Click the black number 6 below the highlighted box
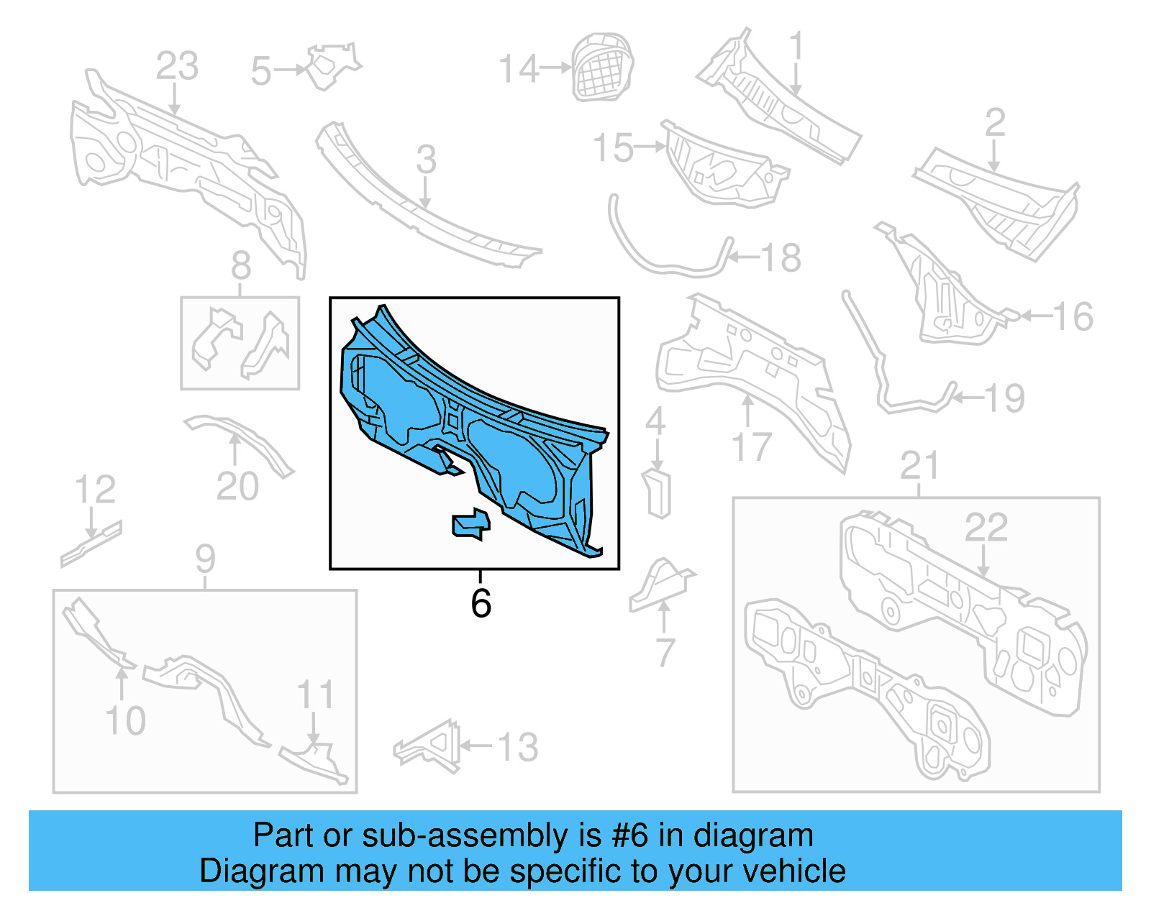pos(481,603)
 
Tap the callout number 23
pos(177,67)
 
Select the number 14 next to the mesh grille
pos(519,69)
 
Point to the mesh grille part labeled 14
pos(602,66)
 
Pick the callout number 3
pos(426,159)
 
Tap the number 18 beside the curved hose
pos(781,257)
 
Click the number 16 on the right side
pos(1072,316)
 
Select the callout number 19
pos(1004,398)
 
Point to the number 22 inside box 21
pos(986,528)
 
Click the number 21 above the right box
pos(919,466)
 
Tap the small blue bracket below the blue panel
pos(471,524)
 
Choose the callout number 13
pos(517,747)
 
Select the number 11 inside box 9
pos(315,695)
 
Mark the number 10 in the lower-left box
pos(125,720)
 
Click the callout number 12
pos(95,490)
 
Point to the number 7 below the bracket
pos(665,653)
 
